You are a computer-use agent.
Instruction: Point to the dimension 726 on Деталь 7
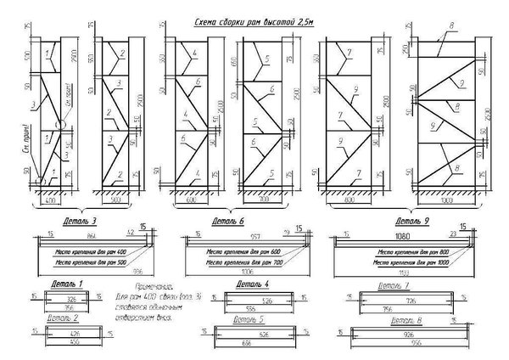[390, 301]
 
